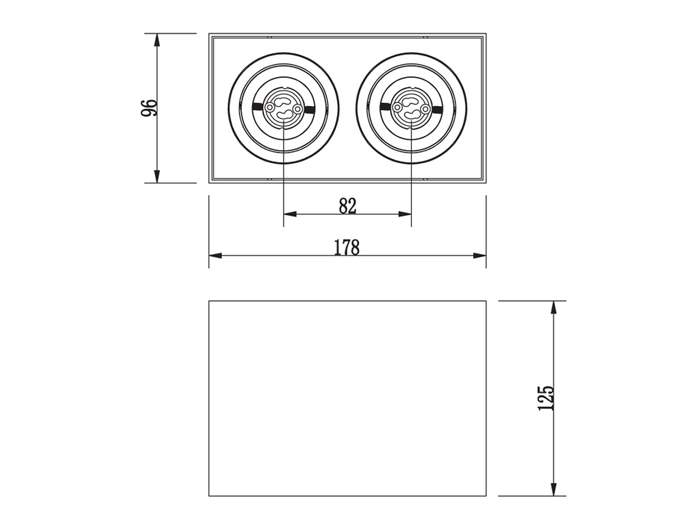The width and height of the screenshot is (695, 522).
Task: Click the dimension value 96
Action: pyautogui.click(x=149, y=108)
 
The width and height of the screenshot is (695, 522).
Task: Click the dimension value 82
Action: pyautogui.click(x=347, y=206)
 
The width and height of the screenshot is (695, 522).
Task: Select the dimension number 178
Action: pyautogui.click(x=347, y=248)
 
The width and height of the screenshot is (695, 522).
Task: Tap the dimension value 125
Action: pyautogui.click(x=546, y=398)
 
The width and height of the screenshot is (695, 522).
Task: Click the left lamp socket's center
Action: pyautogui.click(x=283, y=108)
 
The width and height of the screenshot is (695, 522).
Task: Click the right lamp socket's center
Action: pyautogui.click(x=411, y=108)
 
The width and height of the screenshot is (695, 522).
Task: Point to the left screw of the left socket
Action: pyautogui.click(x=269, y=108)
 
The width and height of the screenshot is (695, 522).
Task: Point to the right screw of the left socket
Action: pyautogui.click(x=298, y=109)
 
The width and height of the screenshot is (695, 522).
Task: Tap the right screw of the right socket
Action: pyautogui.click(x=425, y=109)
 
